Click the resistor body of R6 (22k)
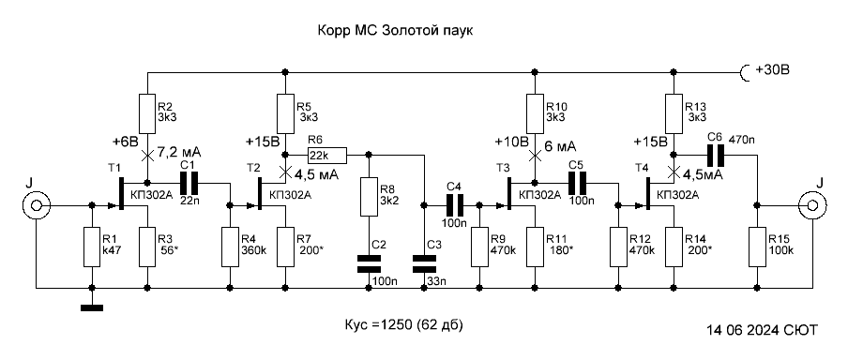pos(327,155)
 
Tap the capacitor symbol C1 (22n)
pos(189,183)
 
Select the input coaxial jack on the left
pos(37,205)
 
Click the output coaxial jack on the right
pos(812,205)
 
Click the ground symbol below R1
pos(92,308)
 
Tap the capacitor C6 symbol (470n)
pos(716,155)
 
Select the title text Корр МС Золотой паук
pos(395,31)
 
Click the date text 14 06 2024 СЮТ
pos(762,330)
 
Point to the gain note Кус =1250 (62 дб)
pos(404,326)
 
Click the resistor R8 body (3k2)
pos(369,197)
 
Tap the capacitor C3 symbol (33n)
pos(424,265)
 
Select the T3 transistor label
pos(503,169)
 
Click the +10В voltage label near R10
pos(510,142)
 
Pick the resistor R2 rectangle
pos(147,114)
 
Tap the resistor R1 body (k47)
pos(92,247)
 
